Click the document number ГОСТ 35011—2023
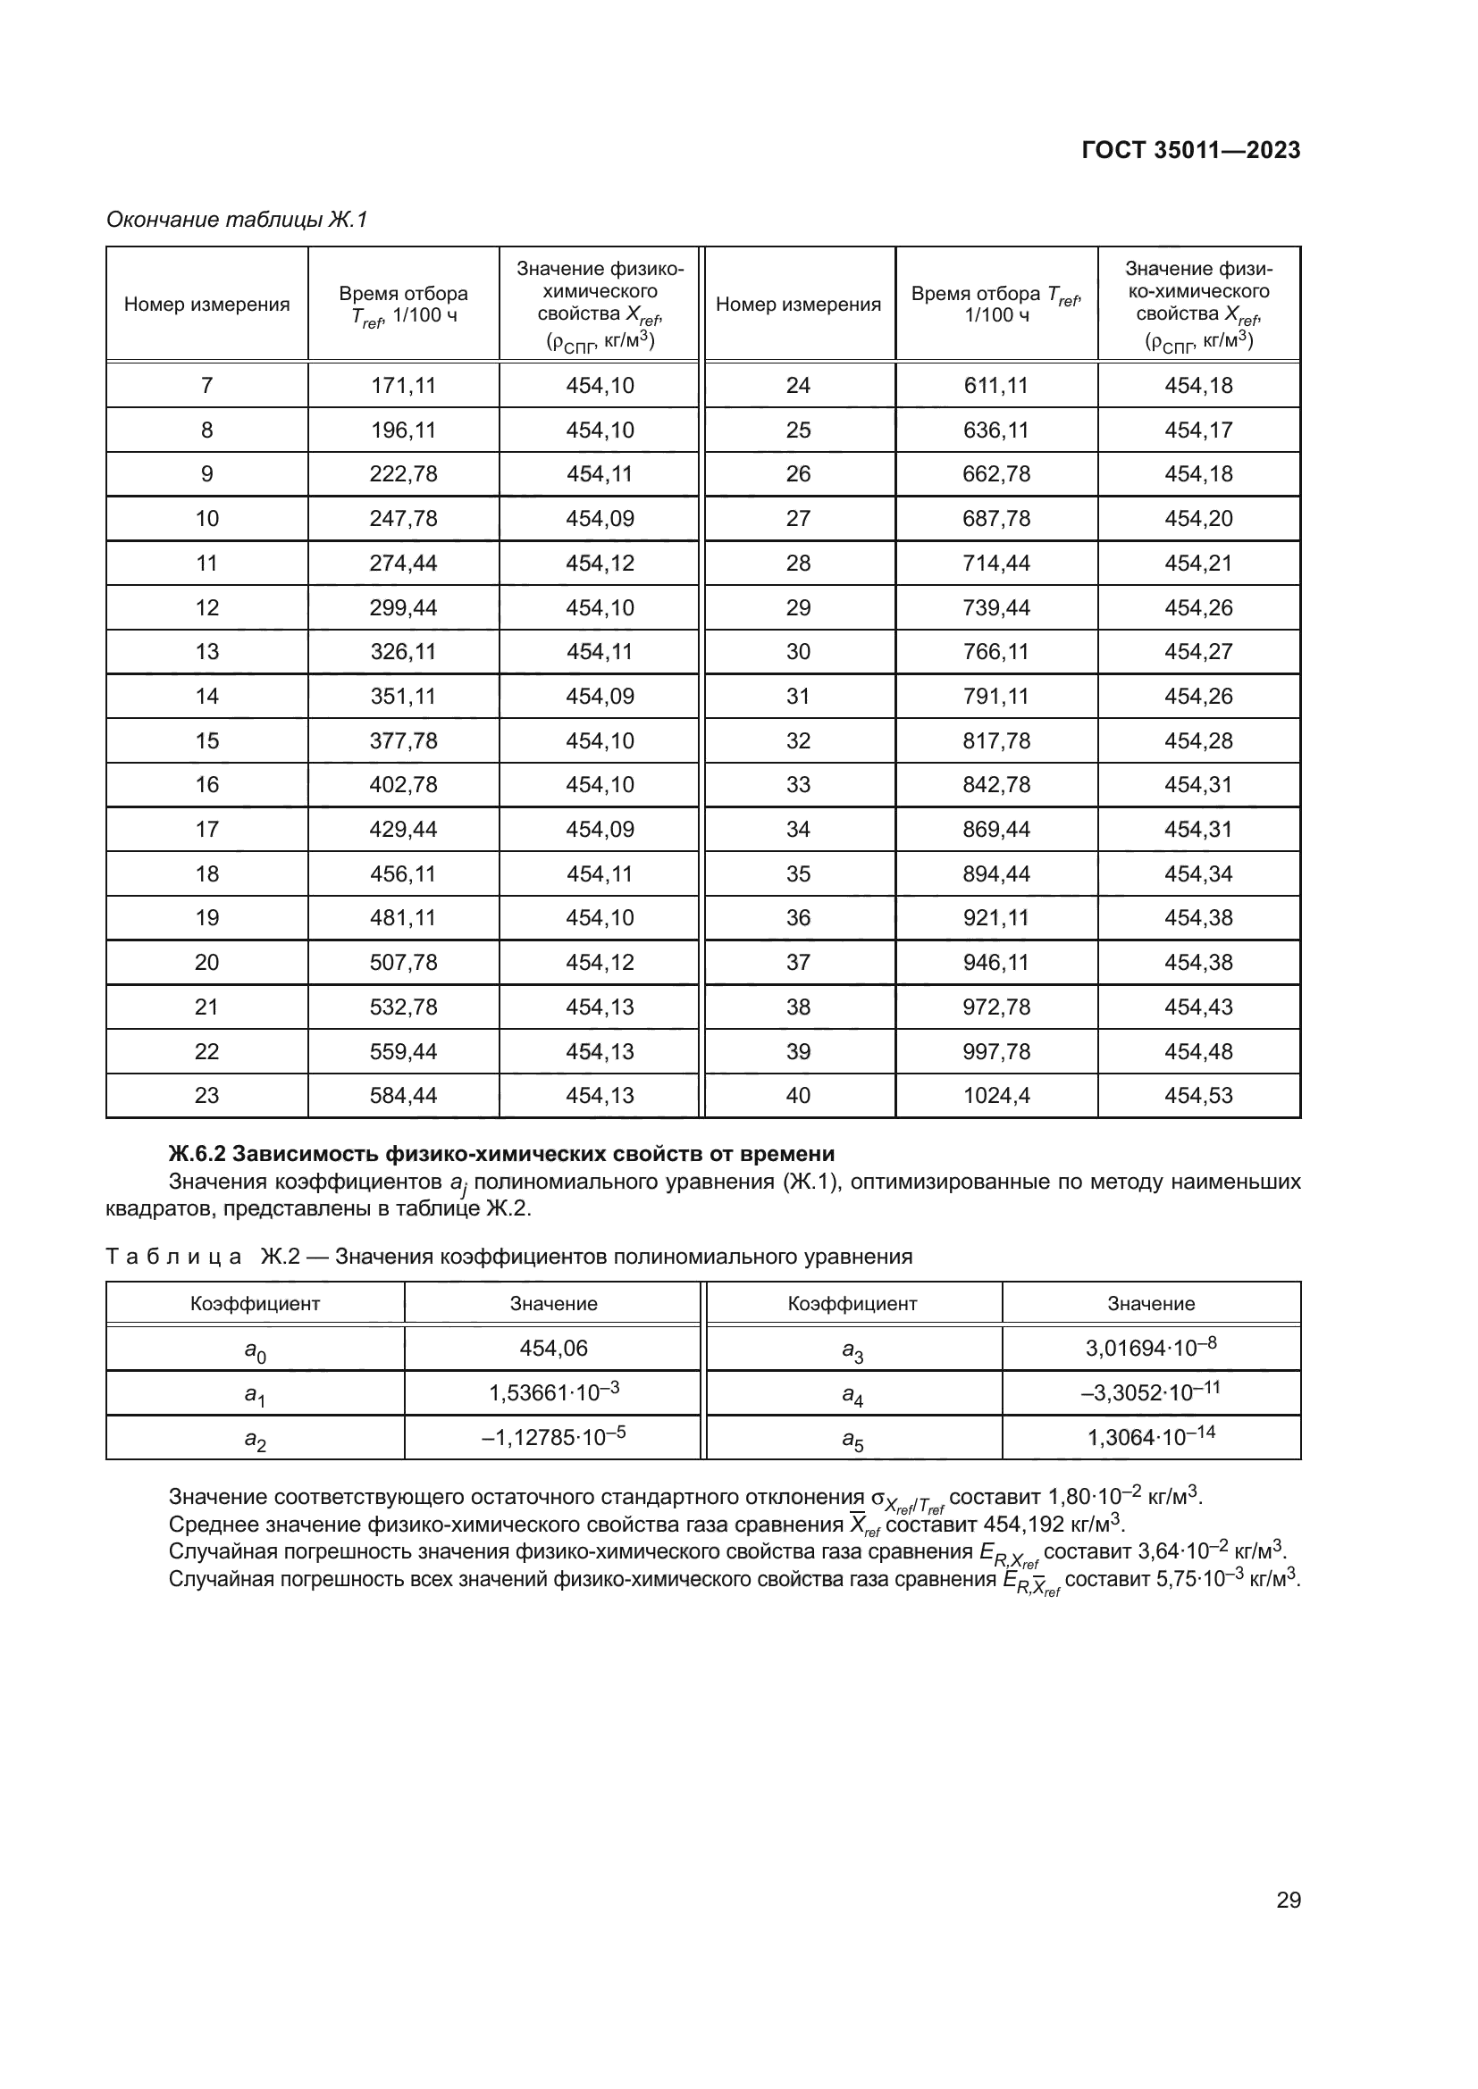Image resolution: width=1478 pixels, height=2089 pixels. [x=1190, y=151]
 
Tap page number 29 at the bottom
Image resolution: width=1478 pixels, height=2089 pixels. [x=1288, y=1901]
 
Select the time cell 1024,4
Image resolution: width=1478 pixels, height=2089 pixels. [x=995, y=1096]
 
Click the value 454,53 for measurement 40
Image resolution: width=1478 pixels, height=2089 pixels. [x=1197, y=1096]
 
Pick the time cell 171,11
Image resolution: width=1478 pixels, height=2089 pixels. [x=403, y=386]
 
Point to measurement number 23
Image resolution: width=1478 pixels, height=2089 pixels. [x=206, y=1096]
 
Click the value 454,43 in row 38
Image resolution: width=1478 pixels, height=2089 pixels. [x=1197, y=1007]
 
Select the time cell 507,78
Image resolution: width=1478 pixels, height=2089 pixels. [x=403, y=963]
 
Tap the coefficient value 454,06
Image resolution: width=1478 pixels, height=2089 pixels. [x=553, y=1349]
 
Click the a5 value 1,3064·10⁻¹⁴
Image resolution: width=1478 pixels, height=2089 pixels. [x=1150, y=1438]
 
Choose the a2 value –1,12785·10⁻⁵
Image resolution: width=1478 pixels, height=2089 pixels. [x=553, y=1438]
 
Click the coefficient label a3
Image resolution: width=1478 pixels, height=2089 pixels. [x=852, y=1352]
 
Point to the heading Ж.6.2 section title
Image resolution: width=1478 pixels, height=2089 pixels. [x=501, y=1154]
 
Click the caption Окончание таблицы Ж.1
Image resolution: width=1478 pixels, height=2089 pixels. [x=237, y=220]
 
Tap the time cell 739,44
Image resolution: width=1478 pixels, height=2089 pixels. [x=995, y=608]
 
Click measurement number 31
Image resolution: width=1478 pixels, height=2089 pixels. [x=797, y=696]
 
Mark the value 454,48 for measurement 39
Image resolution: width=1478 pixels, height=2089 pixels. [x=1197, y=1052]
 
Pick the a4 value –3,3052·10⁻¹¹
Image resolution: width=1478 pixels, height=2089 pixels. [x=1150, y=1393]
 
